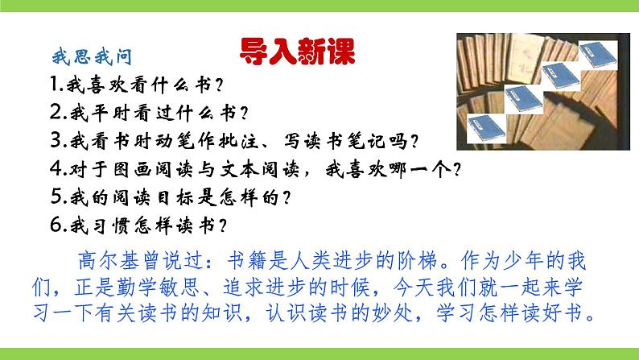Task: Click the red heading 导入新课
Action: (297, 54)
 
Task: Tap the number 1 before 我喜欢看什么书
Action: (54, 82)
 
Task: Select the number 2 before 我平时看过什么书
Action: (55, 110)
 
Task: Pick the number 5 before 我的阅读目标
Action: (55, 196)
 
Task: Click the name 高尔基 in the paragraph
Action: (107, 259)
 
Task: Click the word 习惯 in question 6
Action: (109, 226)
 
